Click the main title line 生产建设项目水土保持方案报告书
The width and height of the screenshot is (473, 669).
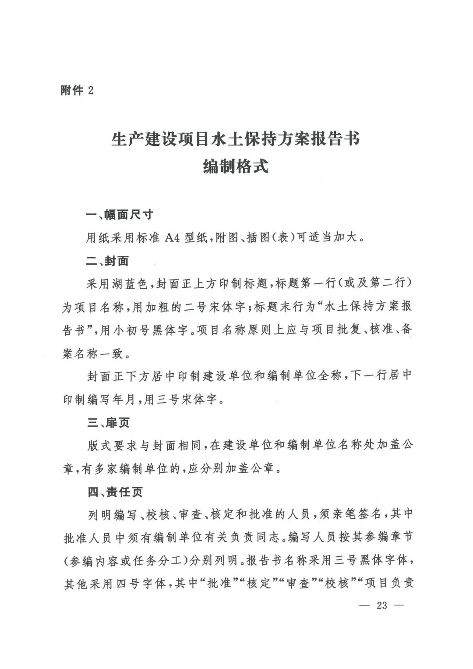point(236,140)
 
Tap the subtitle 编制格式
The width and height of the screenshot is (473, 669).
point(236,167)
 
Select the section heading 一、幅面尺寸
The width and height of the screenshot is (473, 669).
point(120,215)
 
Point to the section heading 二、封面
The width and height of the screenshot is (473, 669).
point(107,261)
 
